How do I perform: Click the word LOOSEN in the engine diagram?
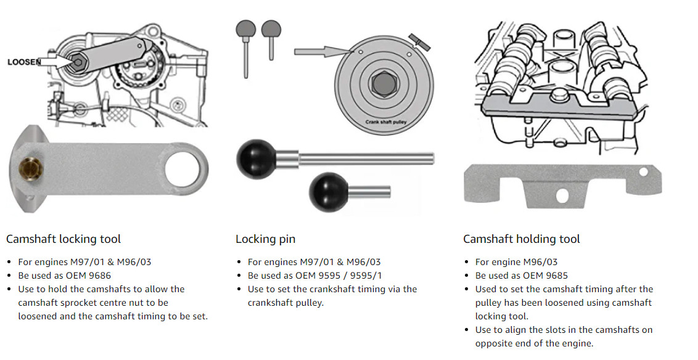24,62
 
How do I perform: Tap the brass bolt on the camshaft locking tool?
31,169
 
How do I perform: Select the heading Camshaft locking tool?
64,239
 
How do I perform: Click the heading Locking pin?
265,239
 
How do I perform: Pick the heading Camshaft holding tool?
521,239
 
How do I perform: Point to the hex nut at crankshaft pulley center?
384,83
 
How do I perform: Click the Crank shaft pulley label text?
385,122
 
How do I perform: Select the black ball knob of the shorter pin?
329,192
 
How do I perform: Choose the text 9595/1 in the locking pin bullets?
367,276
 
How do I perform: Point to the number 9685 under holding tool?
556,276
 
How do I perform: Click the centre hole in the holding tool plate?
562,194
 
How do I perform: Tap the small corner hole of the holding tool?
643,171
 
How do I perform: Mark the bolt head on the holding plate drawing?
557,94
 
